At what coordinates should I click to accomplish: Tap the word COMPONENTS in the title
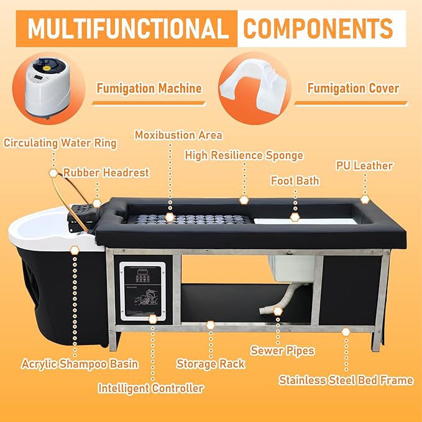tap(318, 29)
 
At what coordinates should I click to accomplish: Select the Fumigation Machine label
tap(149, 88)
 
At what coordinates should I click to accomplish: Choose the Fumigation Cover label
tap(353, 88)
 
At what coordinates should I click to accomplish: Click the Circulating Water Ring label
tap(60, 143)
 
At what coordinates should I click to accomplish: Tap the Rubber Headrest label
tap(106, 172)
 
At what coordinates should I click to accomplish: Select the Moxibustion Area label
tap(178, 135)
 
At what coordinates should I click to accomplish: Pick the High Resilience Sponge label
tap(244, 155)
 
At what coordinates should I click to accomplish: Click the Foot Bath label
tap(295, 181)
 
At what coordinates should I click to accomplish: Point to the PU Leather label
tap(364, 166)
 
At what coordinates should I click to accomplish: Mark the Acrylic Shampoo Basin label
tap(79, 364)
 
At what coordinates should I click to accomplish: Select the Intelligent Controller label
tap(151, 388)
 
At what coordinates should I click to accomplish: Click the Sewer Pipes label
tap(282, 351)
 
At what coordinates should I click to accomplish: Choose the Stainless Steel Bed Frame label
tap(346, 380)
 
